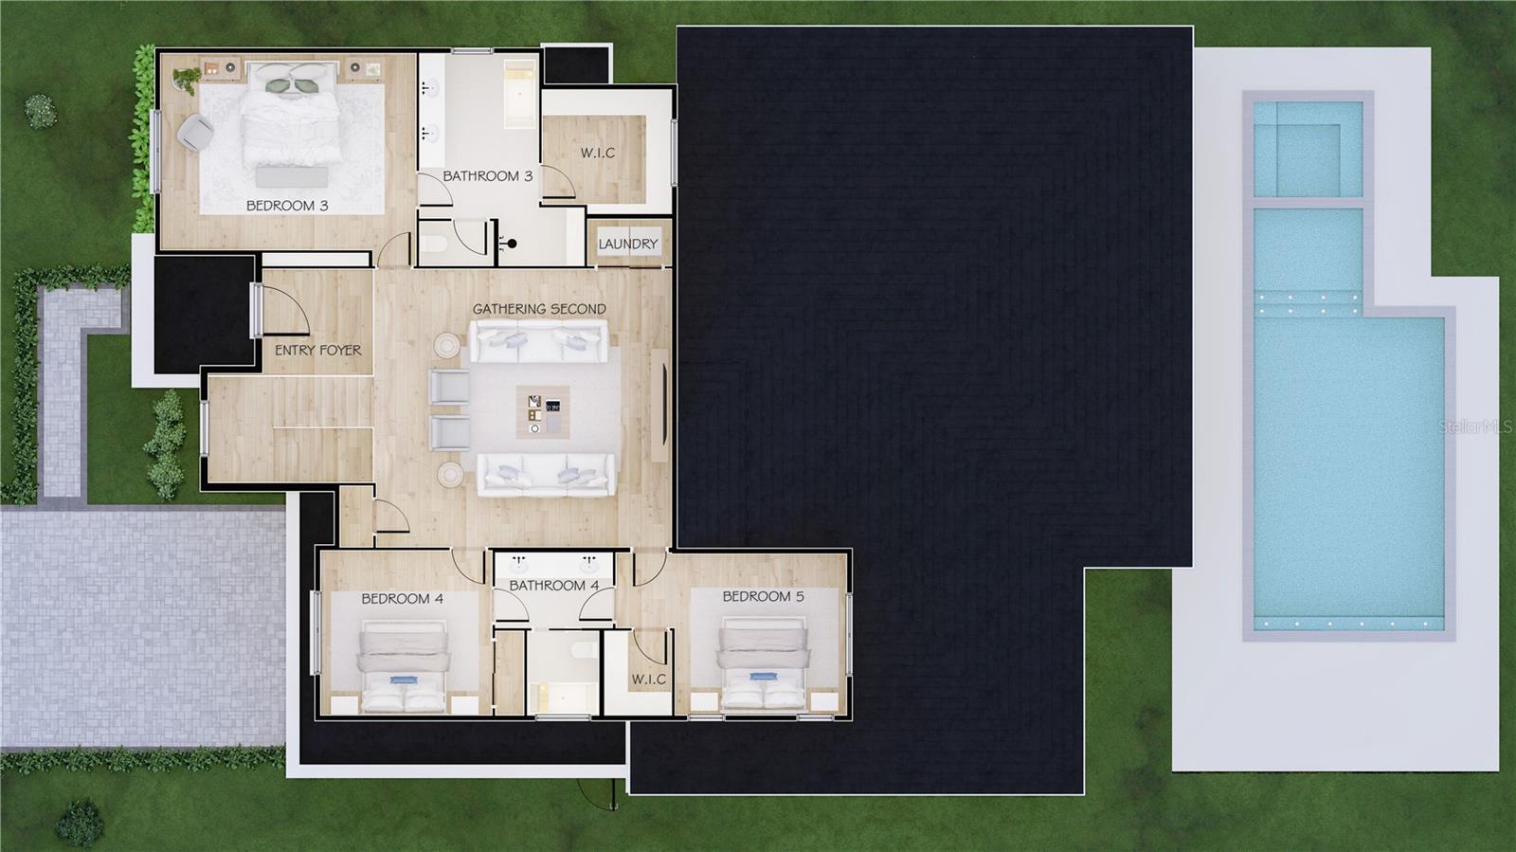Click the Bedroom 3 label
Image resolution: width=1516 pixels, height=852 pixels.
click(x=287, y=206)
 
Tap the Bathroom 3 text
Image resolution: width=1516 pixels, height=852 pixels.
click(x=487, y=176)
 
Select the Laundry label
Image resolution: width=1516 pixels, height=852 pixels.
click(x=627, y=245)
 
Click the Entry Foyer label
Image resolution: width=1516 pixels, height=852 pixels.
click(x=317, y=351)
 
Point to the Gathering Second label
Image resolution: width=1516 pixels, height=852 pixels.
click(x=539, y=309)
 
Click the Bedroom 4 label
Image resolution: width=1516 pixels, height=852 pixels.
click(x=402, y=599)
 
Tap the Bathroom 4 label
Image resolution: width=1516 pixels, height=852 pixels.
click(x=553, y=586)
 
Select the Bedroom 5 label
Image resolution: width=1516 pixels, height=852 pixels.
click(x=763, y=596)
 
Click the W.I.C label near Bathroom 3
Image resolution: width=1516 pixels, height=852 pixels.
click(x=597, y=153)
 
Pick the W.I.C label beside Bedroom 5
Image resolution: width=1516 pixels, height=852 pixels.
click(x=649, y=680)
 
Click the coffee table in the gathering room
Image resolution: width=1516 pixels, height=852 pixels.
click(x=543, y=411)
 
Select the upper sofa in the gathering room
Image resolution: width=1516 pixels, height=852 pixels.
click(x=538, y=342)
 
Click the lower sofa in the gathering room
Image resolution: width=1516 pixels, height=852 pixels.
click(x=543, y=474)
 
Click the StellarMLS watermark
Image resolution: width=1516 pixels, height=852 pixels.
click(x=1475, y=427)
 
